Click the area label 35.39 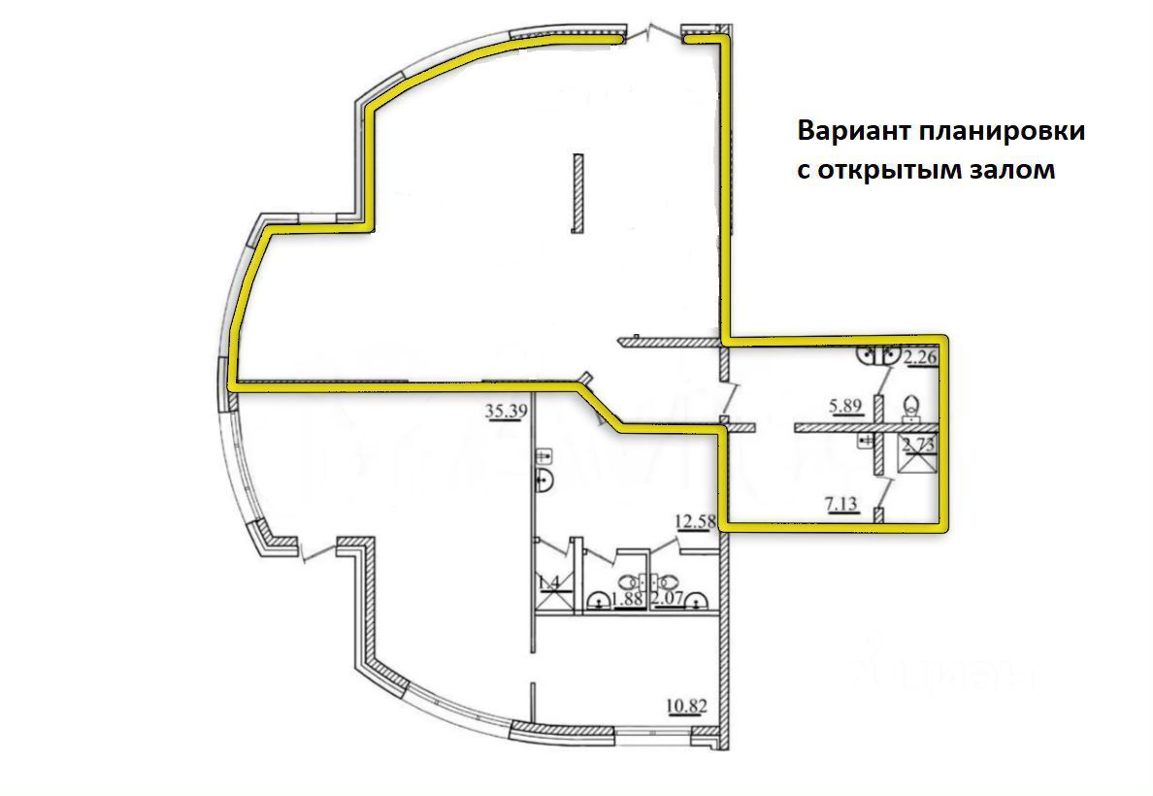coord(505,411)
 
